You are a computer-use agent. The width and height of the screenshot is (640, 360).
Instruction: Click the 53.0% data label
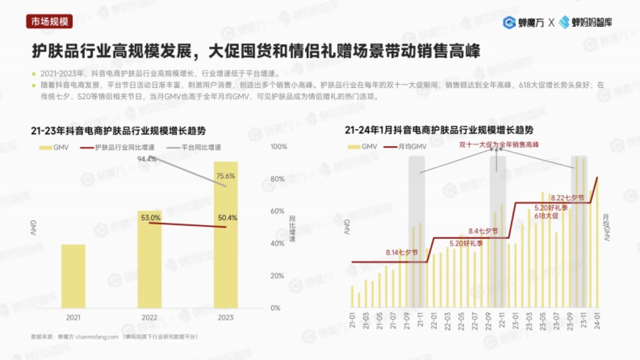click(151, 218)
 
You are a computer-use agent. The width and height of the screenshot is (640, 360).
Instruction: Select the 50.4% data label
click(228, 218)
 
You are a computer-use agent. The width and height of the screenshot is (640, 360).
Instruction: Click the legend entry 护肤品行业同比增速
click(119, 147)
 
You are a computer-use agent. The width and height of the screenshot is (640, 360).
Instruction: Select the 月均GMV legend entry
click(412, 147)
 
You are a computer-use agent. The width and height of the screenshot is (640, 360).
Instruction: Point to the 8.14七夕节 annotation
click(402, 252)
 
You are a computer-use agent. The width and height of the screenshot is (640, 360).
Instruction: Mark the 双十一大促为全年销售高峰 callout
click(499, 145)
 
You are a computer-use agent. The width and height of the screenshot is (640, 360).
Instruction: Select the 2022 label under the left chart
click(149, 317)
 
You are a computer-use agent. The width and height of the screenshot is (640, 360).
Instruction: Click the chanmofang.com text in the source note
click(97, 337)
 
